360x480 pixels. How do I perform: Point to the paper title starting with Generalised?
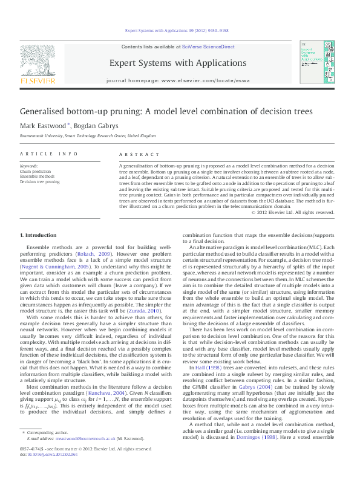tap(158, 112)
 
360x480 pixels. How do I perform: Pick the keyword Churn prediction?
tap(36, 171)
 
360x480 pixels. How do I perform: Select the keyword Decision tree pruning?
tap(40, 181)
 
